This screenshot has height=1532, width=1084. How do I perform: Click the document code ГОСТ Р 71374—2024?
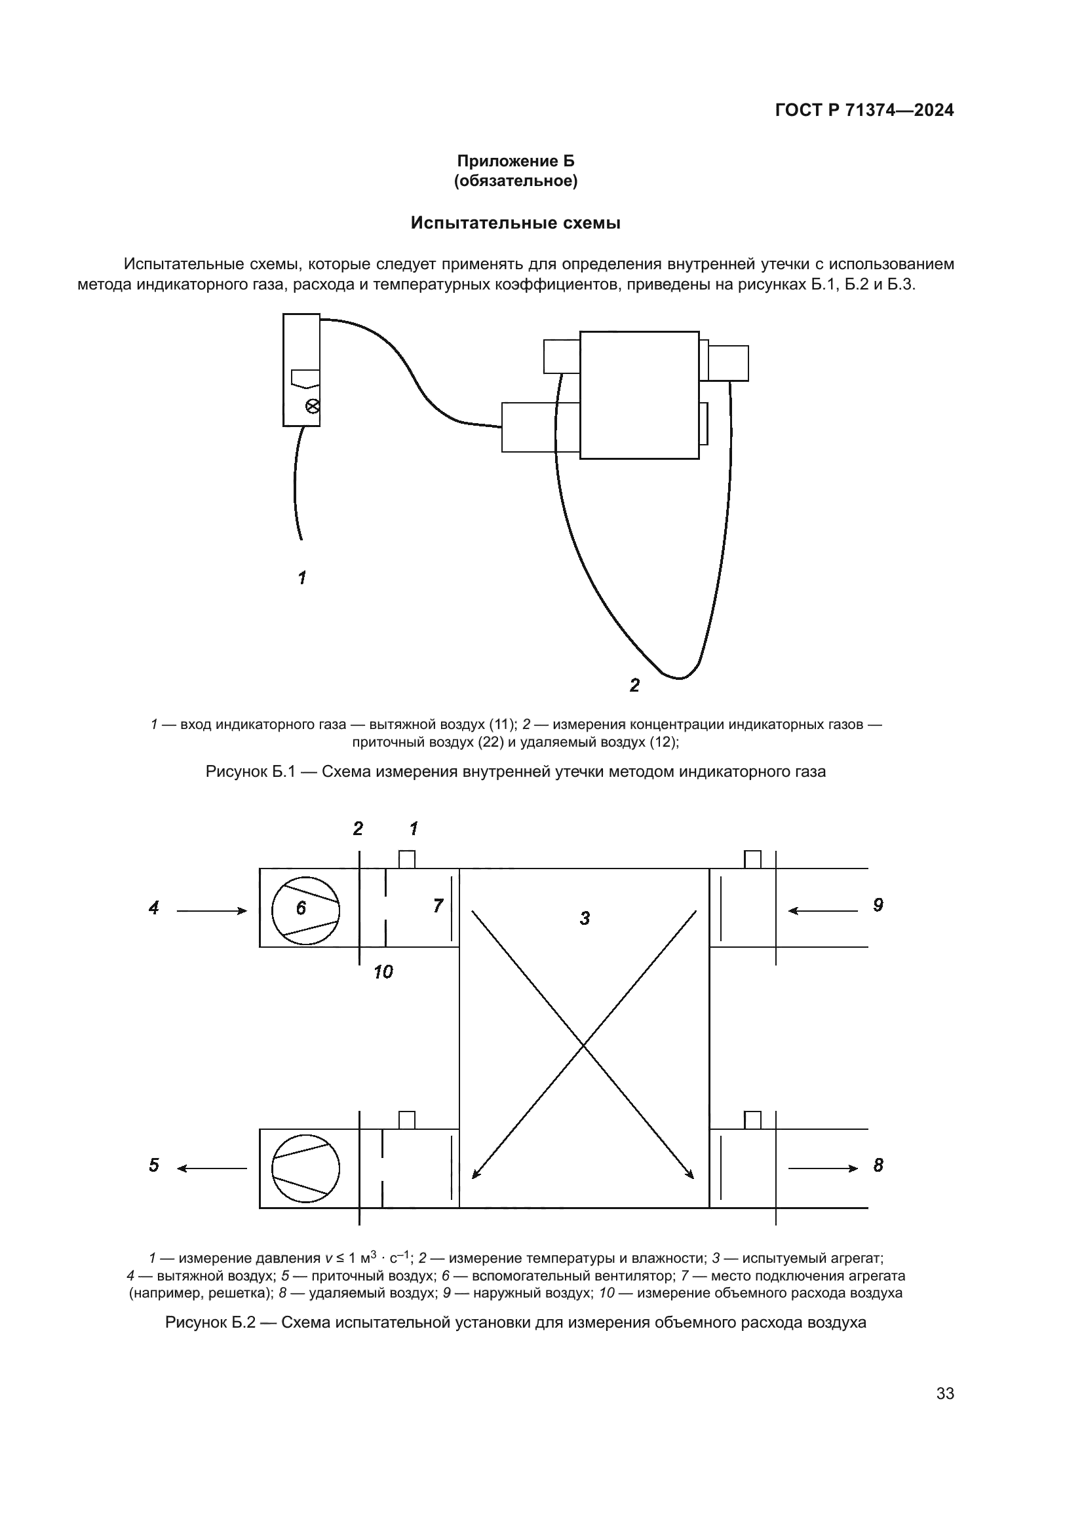pos(864,110)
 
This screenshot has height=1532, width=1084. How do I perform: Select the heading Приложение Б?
pos(515,161)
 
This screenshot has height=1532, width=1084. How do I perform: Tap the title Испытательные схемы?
pos(515,223)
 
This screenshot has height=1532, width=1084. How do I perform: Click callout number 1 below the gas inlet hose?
pos(302,577)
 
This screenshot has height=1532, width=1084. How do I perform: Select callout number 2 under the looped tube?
pos(634,684)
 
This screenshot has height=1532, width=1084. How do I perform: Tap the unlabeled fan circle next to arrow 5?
pos(305,1168)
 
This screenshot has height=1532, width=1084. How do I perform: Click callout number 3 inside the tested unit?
pos(585,919)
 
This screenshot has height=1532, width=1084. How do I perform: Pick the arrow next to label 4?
pos(212,911)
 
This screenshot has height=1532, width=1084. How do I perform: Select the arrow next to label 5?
pos(212,1168)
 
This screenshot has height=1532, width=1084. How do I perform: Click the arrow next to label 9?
pos(823,911)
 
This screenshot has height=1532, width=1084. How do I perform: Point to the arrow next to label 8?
pos(823,1168)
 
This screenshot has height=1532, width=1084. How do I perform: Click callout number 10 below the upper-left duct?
pos(383,972)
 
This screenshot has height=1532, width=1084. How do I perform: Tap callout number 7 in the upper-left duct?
pos(438,905)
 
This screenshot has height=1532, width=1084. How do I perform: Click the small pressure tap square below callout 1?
pos(406,859)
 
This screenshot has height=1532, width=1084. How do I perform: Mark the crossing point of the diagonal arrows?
pos(584,1045)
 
